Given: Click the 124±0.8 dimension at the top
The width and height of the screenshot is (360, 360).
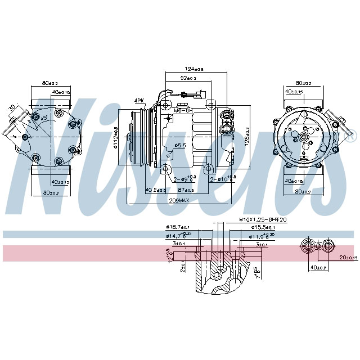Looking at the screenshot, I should tap(194, 69).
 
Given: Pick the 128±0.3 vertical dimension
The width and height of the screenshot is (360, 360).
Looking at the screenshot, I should tap(247, 136).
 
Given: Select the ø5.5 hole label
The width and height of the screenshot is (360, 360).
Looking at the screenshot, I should tap(180, 145).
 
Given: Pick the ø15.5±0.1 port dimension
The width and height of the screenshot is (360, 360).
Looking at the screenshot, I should tap(262, 227).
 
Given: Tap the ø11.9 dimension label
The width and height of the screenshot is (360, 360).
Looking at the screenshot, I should tap(262, 236).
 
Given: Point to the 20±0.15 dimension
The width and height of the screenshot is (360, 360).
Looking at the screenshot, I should tap(347, 258).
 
